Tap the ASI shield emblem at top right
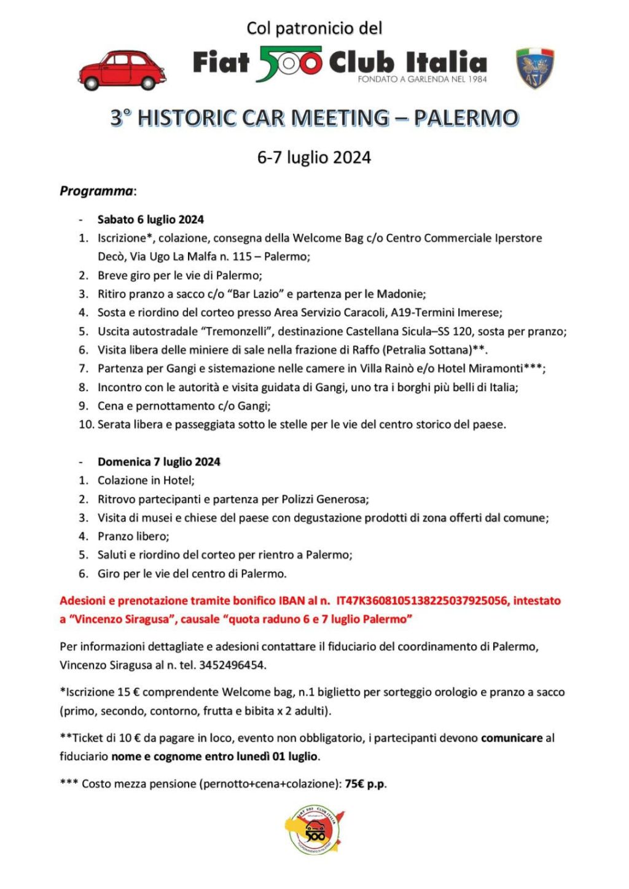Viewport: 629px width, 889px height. (x=534, y=68)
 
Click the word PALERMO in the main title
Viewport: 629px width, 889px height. (x=466, y=118)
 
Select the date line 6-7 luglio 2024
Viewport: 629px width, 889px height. (x=314, y=158)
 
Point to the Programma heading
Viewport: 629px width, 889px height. (x=96, y=191)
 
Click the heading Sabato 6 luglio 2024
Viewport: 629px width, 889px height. (x=150, y=219)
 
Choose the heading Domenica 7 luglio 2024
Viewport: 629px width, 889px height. (x=158, y=462)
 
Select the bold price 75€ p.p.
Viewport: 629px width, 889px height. (x=365, y=783)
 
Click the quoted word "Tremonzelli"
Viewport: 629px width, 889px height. (x=235, y=332)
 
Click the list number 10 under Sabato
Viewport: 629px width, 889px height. (x=85, y=424)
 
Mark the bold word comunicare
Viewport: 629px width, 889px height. (x=512, y=738)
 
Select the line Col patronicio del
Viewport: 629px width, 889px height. (x=314, y=28)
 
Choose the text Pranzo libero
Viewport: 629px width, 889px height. (x=133, y=536)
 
